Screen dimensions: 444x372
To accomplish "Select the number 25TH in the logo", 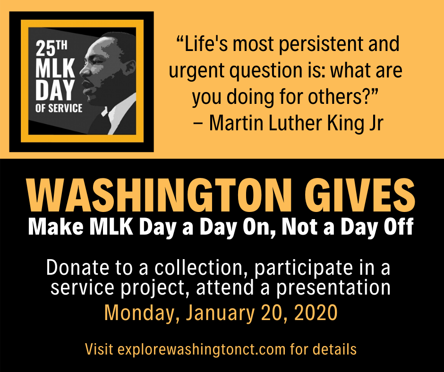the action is (51, 48).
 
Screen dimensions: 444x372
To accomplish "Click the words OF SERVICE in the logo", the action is (59, 108).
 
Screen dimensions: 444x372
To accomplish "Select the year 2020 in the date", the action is (316, 313).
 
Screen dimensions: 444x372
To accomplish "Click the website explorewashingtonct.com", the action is (201, 350).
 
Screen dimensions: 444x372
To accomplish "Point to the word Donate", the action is (77, 267).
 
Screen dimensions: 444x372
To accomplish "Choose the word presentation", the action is (333, 288).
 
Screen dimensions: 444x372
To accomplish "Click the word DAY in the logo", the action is (55, 90).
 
